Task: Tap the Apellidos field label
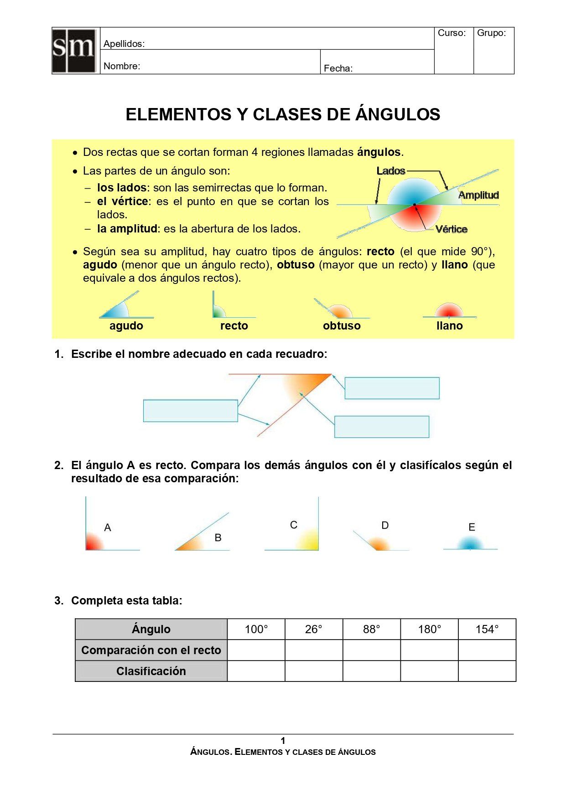click(124, 44)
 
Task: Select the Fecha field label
click(338, 68)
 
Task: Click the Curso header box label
click(452, 33)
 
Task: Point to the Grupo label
click(491, 33)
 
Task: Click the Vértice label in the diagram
click(451, 229)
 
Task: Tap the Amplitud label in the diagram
click(478, 195)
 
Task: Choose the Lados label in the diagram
click(391, 171)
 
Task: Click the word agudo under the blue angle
click(126, 326)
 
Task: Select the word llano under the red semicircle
click(449, 326)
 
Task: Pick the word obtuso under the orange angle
click(342, 326)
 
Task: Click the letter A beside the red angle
click(108, 527)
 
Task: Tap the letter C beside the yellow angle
click(294, 525)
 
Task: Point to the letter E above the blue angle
click(472, 527)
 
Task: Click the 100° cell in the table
click(256, 630)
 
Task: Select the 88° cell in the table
click(372, 630)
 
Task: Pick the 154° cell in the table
click(487, 630)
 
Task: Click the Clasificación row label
click(151, 671)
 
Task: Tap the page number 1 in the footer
click(283, 741)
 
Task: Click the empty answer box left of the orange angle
click(190, 411)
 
